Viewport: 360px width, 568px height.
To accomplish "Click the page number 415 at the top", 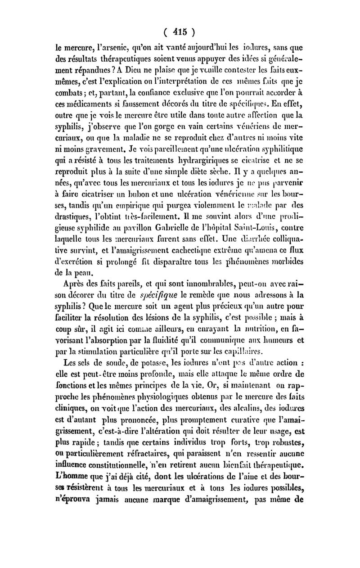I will (180, 32).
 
